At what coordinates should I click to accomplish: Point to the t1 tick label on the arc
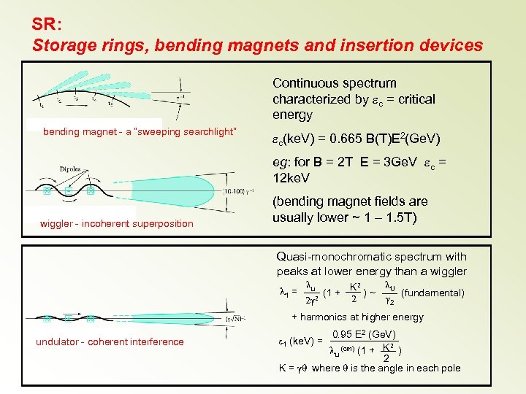pos(41,105)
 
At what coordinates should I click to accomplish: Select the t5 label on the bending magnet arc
pos(110,103)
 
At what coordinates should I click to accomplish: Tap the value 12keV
pos(291,177)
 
